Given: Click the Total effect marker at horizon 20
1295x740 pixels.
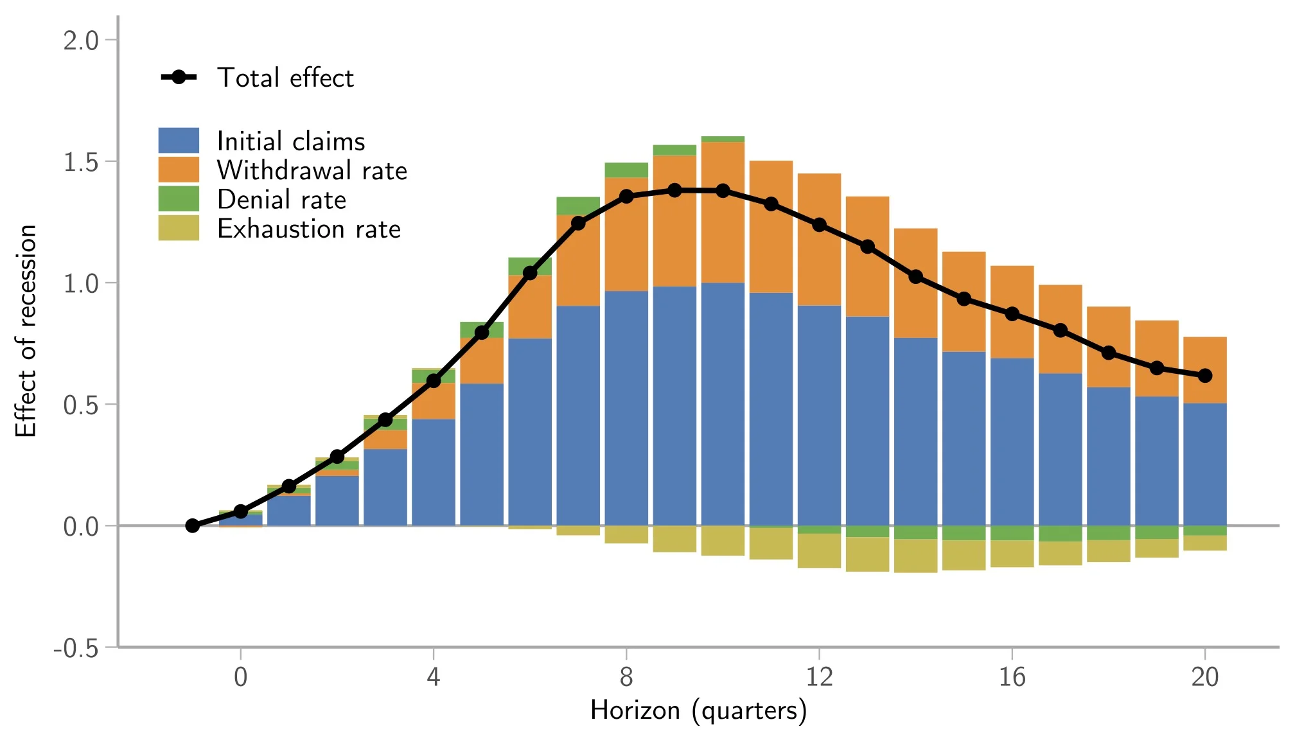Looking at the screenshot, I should coord(1205,376).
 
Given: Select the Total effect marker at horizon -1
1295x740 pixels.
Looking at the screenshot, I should coord(192,525).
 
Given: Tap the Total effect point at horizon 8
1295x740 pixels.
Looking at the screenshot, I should coord(626,197).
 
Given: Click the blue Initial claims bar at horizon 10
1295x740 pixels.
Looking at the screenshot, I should coord(723,405).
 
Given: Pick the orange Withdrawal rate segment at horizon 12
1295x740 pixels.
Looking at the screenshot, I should coord(819,239).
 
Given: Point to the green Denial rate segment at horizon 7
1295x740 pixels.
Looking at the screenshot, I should coord(578,206).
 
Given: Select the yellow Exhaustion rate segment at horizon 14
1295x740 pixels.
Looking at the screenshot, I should coord(915,556).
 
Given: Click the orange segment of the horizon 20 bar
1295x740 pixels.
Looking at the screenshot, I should coord(1205,370).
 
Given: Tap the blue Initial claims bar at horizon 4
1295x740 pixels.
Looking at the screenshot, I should coord(434,472).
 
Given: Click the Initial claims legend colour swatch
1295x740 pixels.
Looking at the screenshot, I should coord(179,141).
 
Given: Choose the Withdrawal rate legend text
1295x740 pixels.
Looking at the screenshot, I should coord(312,171).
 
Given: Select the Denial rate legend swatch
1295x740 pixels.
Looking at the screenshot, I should coord(179,199).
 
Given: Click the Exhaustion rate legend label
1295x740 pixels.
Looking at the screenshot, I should coord(309,229).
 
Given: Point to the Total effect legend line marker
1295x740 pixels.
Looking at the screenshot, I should coord(179,77).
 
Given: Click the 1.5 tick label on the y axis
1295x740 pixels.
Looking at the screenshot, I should coord(81,162).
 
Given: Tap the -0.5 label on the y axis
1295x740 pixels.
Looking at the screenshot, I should coord(76,647).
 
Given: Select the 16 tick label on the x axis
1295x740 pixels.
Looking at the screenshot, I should coord(1012,677).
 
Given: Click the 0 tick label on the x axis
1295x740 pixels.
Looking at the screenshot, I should coord(241,677).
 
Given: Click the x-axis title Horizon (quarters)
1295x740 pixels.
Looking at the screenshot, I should coord(698,710).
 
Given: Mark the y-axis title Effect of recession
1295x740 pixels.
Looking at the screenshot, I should coord(26,331).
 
